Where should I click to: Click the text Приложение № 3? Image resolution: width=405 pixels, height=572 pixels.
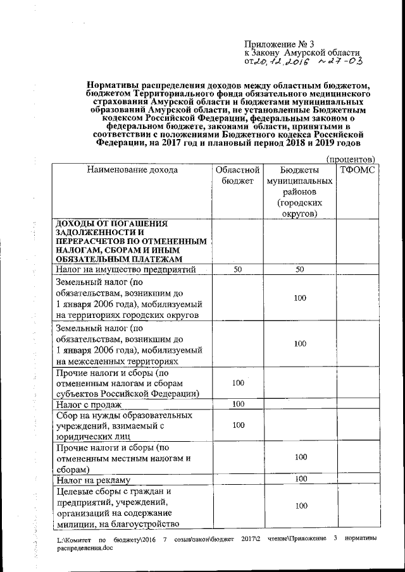pyautogui.click(x=279, y=44)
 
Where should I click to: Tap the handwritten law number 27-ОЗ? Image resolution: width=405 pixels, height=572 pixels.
pyautogui.click(x=339, y=62)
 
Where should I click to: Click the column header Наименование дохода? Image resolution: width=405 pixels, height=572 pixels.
pyautogui.click(x=132, y=170)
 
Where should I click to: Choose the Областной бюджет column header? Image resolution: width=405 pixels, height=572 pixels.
pyautogui.click(x=237, y=176)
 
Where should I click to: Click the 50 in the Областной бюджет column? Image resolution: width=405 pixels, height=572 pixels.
pyautogui.click(x=238, y=270)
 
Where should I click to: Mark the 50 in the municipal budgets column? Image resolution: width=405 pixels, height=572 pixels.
pyautogui.click(x=300, y=270)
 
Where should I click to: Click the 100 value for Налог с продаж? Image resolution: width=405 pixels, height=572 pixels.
pyautogui.click(x=238, y=405)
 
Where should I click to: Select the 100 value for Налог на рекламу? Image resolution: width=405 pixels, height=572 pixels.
pyautogui.click(x=300, y=480)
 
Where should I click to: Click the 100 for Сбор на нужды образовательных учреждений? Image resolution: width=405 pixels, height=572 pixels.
pyautogui.click(x=238, y=425)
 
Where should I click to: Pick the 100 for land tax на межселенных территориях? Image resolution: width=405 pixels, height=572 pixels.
pyautogui.click(x=300, y=344)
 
